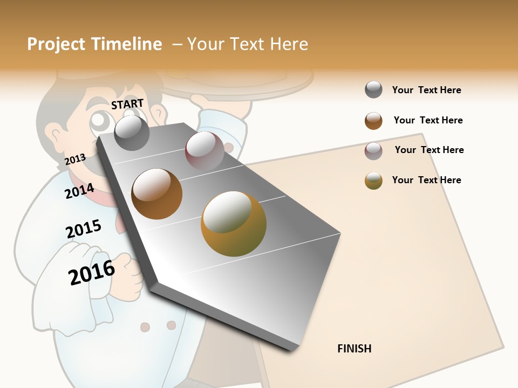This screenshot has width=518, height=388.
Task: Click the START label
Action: [127, 104]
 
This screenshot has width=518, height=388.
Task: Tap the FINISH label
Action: [355, 349]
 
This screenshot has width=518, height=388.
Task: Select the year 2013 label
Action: [76, 160]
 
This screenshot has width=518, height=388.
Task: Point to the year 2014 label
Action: [80, 191]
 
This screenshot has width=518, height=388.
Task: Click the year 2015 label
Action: [84, 230]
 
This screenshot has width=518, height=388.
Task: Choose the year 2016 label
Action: [92, 273]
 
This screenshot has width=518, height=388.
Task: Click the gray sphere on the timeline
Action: [132, 133]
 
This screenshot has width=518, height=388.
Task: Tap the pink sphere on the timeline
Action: [205, 151]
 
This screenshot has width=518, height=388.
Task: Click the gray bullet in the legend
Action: [373, 90]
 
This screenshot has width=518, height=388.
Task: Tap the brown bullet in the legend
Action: [373, 121]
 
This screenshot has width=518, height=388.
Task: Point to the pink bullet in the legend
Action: [373, 151]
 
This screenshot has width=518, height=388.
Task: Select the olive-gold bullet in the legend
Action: [373, 181]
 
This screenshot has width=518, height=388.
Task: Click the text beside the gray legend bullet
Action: [427, 90]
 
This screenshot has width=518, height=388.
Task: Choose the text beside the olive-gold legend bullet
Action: [427, 180]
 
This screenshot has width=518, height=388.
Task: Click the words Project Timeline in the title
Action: [94, 44]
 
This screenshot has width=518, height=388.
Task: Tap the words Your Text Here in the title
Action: [248, 44]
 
